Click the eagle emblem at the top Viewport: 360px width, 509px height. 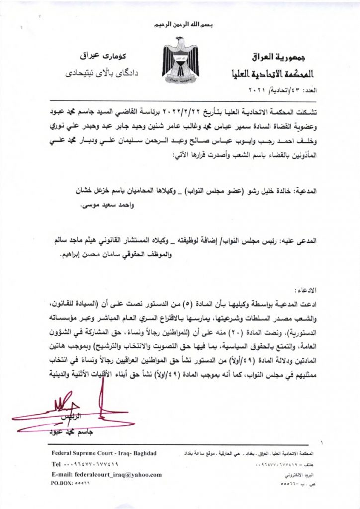pyautogui.click(x=180, y=60)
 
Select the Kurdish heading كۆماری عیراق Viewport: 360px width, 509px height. pyautogui.click(x=94, y=54)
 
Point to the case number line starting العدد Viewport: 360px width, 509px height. pyautogui.click(x=286, y=91)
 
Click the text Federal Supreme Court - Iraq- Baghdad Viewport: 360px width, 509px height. pyautogui.click(x=104, y=453)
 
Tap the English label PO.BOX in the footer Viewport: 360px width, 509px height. pyautogui.click(x=62, y=483)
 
